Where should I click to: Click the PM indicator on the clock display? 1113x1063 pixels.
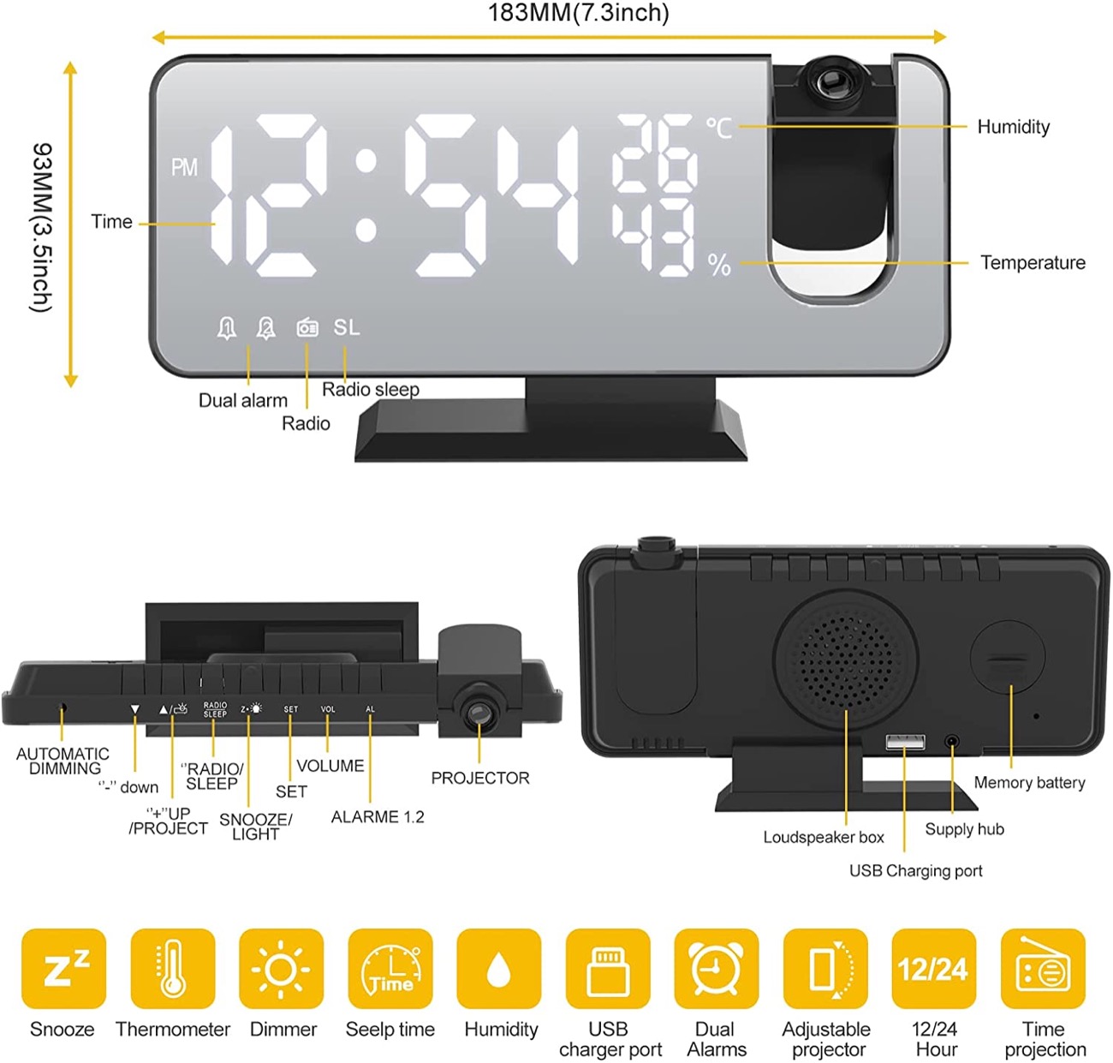184,167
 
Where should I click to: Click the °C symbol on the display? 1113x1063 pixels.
719,128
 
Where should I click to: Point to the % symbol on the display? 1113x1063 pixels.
719,265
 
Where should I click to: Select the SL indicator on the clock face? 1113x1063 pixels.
347,327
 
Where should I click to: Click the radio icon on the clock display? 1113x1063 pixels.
307,327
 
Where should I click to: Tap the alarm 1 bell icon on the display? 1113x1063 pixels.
227,328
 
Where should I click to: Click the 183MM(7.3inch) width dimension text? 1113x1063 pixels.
579,13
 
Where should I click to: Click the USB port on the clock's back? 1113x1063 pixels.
905,742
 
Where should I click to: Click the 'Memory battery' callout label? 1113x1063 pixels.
1029,782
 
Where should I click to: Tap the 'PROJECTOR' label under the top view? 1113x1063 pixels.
480,778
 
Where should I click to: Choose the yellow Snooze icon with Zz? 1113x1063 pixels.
64,969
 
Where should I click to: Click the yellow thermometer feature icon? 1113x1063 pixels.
173,969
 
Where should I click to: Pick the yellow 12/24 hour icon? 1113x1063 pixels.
933,969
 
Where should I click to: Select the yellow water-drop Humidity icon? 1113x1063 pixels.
499,969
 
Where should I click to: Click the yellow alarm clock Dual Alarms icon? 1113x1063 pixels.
716,969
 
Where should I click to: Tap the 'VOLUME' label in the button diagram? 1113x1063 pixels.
330,766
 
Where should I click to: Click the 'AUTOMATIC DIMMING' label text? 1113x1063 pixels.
63,761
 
